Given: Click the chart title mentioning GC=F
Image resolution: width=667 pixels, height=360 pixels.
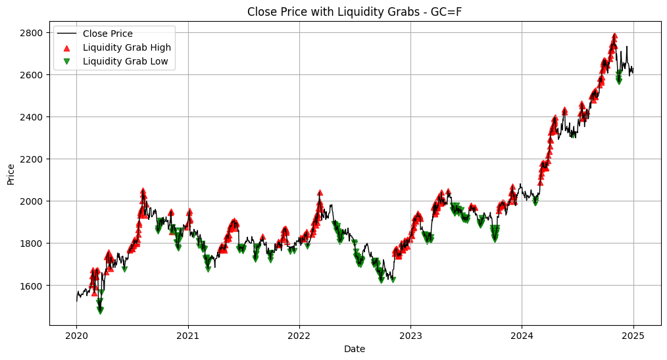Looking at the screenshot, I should point(357,11).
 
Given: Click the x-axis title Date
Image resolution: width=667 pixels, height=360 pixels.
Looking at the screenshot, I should point(355,349).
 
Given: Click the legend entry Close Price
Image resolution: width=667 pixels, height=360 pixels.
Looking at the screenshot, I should point(108,34).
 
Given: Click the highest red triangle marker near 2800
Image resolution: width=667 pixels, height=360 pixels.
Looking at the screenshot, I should point(614,36).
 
